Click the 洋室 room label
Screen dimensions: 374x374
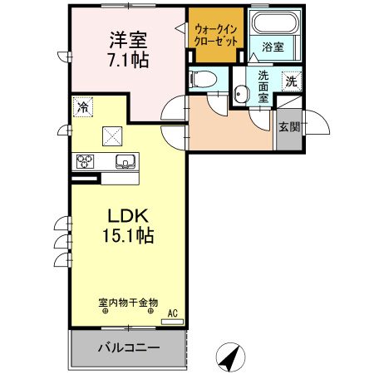(x=127, y=39)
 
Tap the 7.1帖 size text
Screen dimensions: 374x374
(x=127, y=59)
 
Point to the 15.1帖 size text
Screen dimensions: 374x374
(x=127, y=236)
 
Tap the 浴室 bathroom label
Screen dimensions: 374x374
(x=273, y=47)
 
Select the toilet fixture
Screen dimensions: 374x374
(x=202, y=80)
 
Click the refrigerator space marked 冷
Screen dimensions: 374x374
(x=82, y=106)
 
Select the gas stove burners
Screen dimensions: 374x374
(x=85, y=162)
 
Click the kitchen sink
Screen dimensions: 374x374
(x=125, y=161)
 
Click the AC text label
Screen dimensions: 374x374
(x=173, y=313)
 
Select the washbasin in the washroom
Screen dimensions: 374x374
(x=242, y=95)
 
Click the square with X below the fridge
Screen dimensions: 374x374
(x=111, y=135)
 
